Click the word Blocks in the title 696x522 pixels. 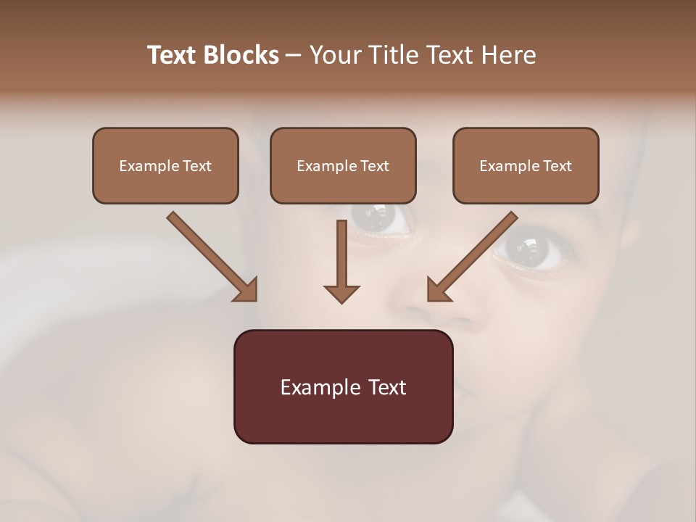coord(242,55)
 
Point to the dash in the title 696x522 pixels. coord(294,55)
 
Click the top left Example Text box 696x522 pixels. coord(165,165)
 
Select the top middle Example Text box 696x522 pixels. coord(343,165)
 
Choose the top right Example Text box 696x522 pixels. coord(526,165)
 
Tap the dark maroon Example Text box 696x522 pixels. coord(343,386)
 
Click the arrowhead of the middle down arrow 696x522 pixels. coord(341,293)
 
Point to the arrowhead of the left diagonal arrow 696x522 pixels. coord(246,290)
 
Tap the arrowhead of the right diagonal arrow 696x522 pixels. coord(438,290)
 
